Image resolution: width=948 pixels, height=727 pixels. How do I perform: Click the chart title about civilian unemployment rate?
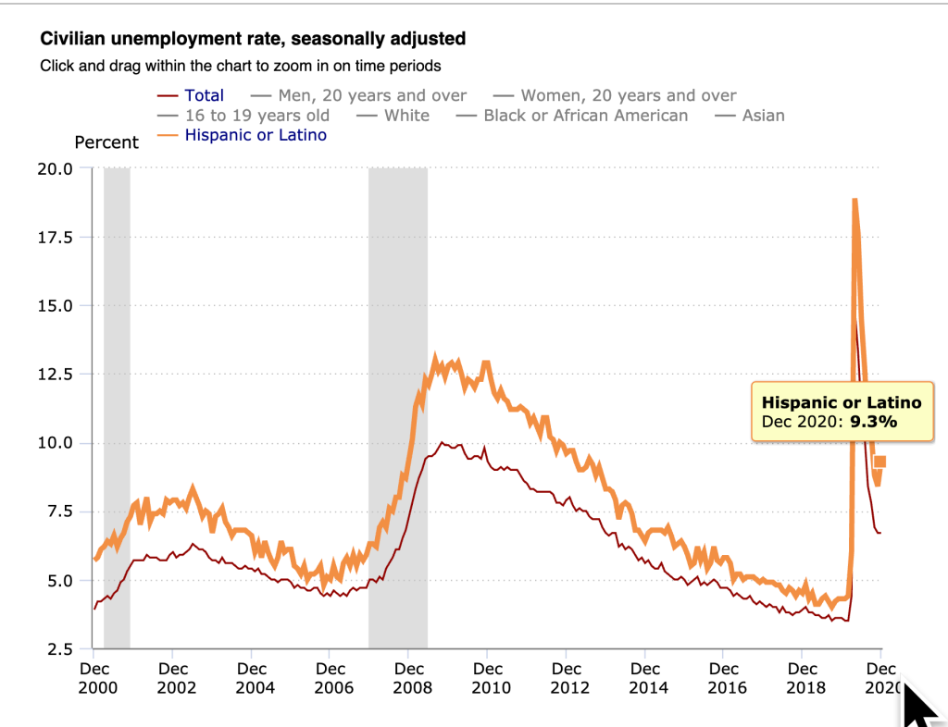pyautogui.click(x=252, y=39)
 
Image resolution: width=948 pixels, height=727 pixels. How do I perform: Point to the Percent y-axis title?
pyautogui.click(x=106, y=142)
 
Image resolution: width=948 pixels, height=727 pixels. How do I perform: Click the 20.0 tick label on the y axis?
pyautogui.click(x=55, y=168)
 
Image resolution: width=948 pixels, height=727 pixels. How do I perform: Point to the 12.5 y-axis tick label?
pyautogui.click(x=55, y=374)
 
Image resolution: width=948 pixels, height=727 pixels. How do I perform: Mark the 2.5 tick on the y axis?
pyautogui.click(x=59, y=648)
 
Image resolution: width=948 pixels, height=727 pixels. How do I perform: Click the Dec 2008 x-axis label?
pyautogui.click(x=409, y=677)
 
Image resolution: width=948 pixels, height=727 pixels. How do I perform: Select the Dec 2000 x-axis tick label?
pyautogui.click(x=94, y=677)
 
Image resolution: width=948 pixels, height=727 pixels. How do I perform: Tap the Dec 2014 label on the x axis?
pyautogui.click(x=645, y=677)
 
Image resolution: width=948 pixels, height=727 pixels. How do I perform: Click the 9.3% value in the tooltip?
pyautogui.click(x=874, y=422)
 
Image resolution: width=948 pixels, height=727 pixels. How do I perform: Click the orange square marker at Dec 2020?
pyautogui.click(x=880, y=462)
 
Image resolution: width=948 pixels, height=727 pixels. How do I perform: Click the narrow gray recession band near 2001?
pyautogui.click(x=117, y=407)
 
